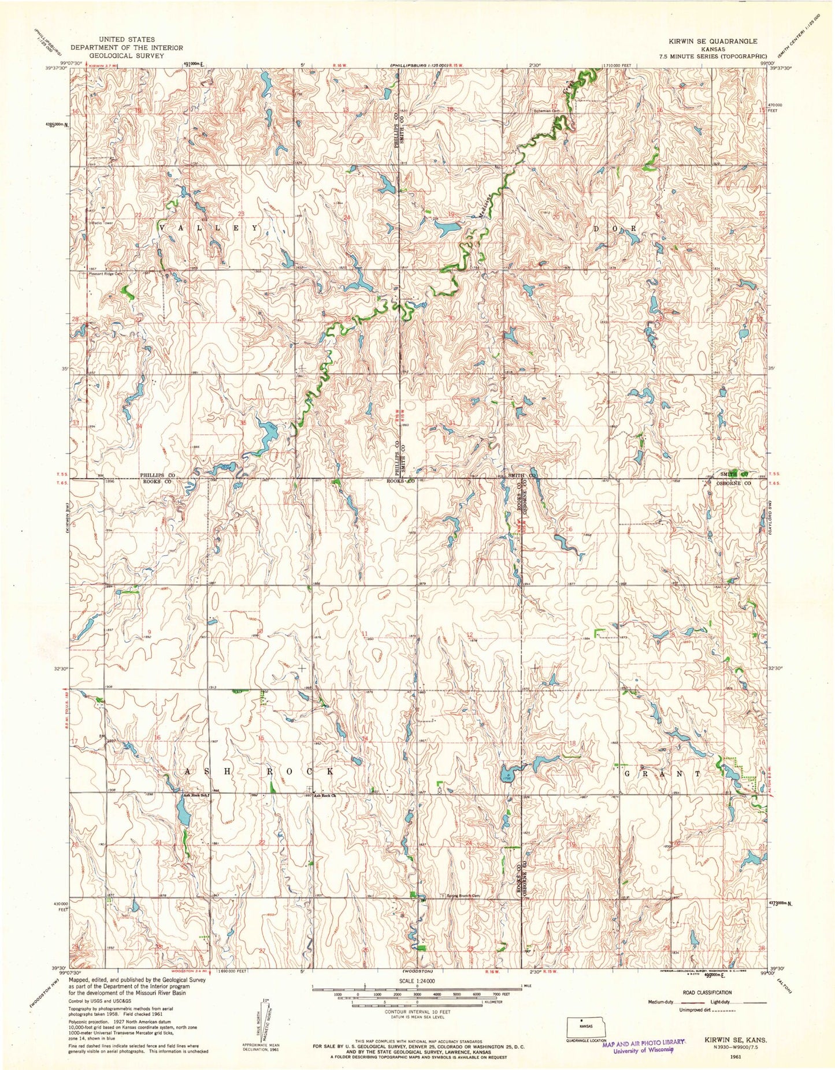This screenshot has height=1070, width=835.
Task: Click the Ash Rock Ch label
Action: tap(324, 795)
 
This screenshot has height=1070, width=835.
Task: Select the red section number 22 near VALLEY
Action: tap(138, 215)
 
